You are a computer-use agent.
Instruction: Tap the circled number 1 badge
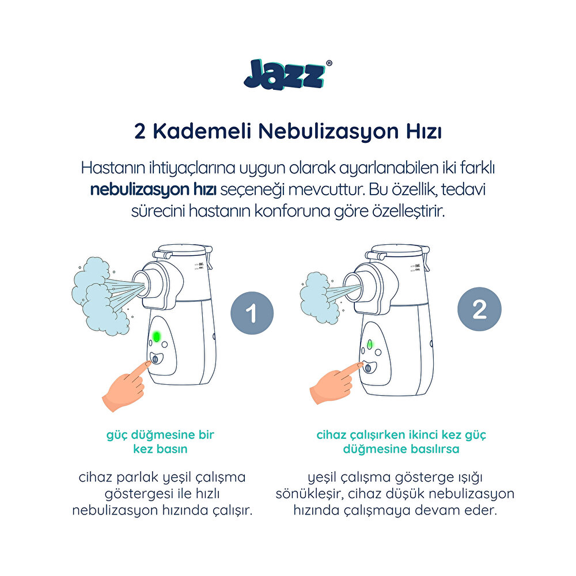(251, 314)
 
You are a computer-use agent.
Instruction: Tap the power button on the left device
(156, 359)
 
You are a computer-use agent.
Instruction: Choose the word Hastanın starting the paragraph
(115, 168)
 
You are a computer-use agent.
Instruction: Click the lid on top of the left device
(180, 250)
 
